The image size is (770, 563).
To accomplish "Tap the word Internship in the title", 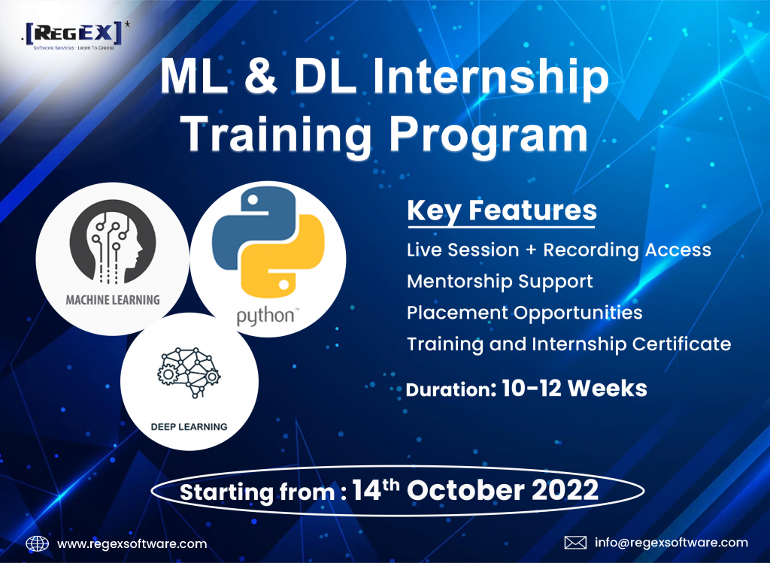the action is tap(490, 77).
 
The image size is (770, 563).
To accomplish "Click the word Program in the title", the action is tap(488, 135).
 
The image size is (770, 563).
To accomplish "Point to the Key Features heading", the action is tap(502, 211).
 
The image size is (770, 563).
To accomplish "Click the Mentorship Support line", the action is tap(500, 282).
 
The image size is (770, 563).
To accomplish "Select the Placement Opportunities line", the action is tap(524, 313).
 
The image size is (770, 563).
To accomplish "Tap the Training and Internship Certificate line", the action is tap(568, 344).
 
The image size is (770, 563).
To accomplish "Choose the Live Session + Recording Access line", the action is tap(559, 250).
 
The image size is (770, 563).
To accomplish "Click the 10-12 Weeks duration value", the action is tap(574, 389).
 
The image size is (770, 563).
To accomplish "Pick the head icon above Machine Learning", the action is tap(113, 241).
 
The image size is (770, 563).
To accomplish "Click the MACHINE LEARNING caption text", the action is tap(113, 299).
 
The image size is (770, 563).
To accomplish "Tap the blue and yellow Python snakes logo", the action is tap(268, 241).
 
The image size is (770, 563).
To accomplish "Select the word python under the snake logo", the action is tap(267, 316).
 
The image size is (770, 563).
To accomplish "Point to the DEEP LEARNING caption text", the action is tap(189, 427).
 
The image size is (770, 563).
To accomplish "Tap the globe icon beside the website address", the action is tap(38, 544).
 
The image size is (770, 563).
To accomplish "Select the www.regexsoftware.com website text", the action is tap(132, 544).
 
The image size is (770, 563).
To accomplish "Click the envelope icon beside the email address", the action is tap(575, 543).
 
